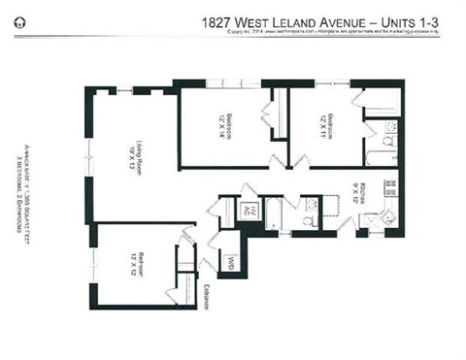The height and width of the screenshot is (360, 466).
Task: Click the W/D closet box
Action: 231,261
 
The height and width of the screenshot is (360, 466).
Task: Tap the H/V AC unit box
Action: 249,211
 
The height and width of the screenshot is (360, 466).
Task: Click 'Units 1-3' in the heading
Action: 420,19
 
